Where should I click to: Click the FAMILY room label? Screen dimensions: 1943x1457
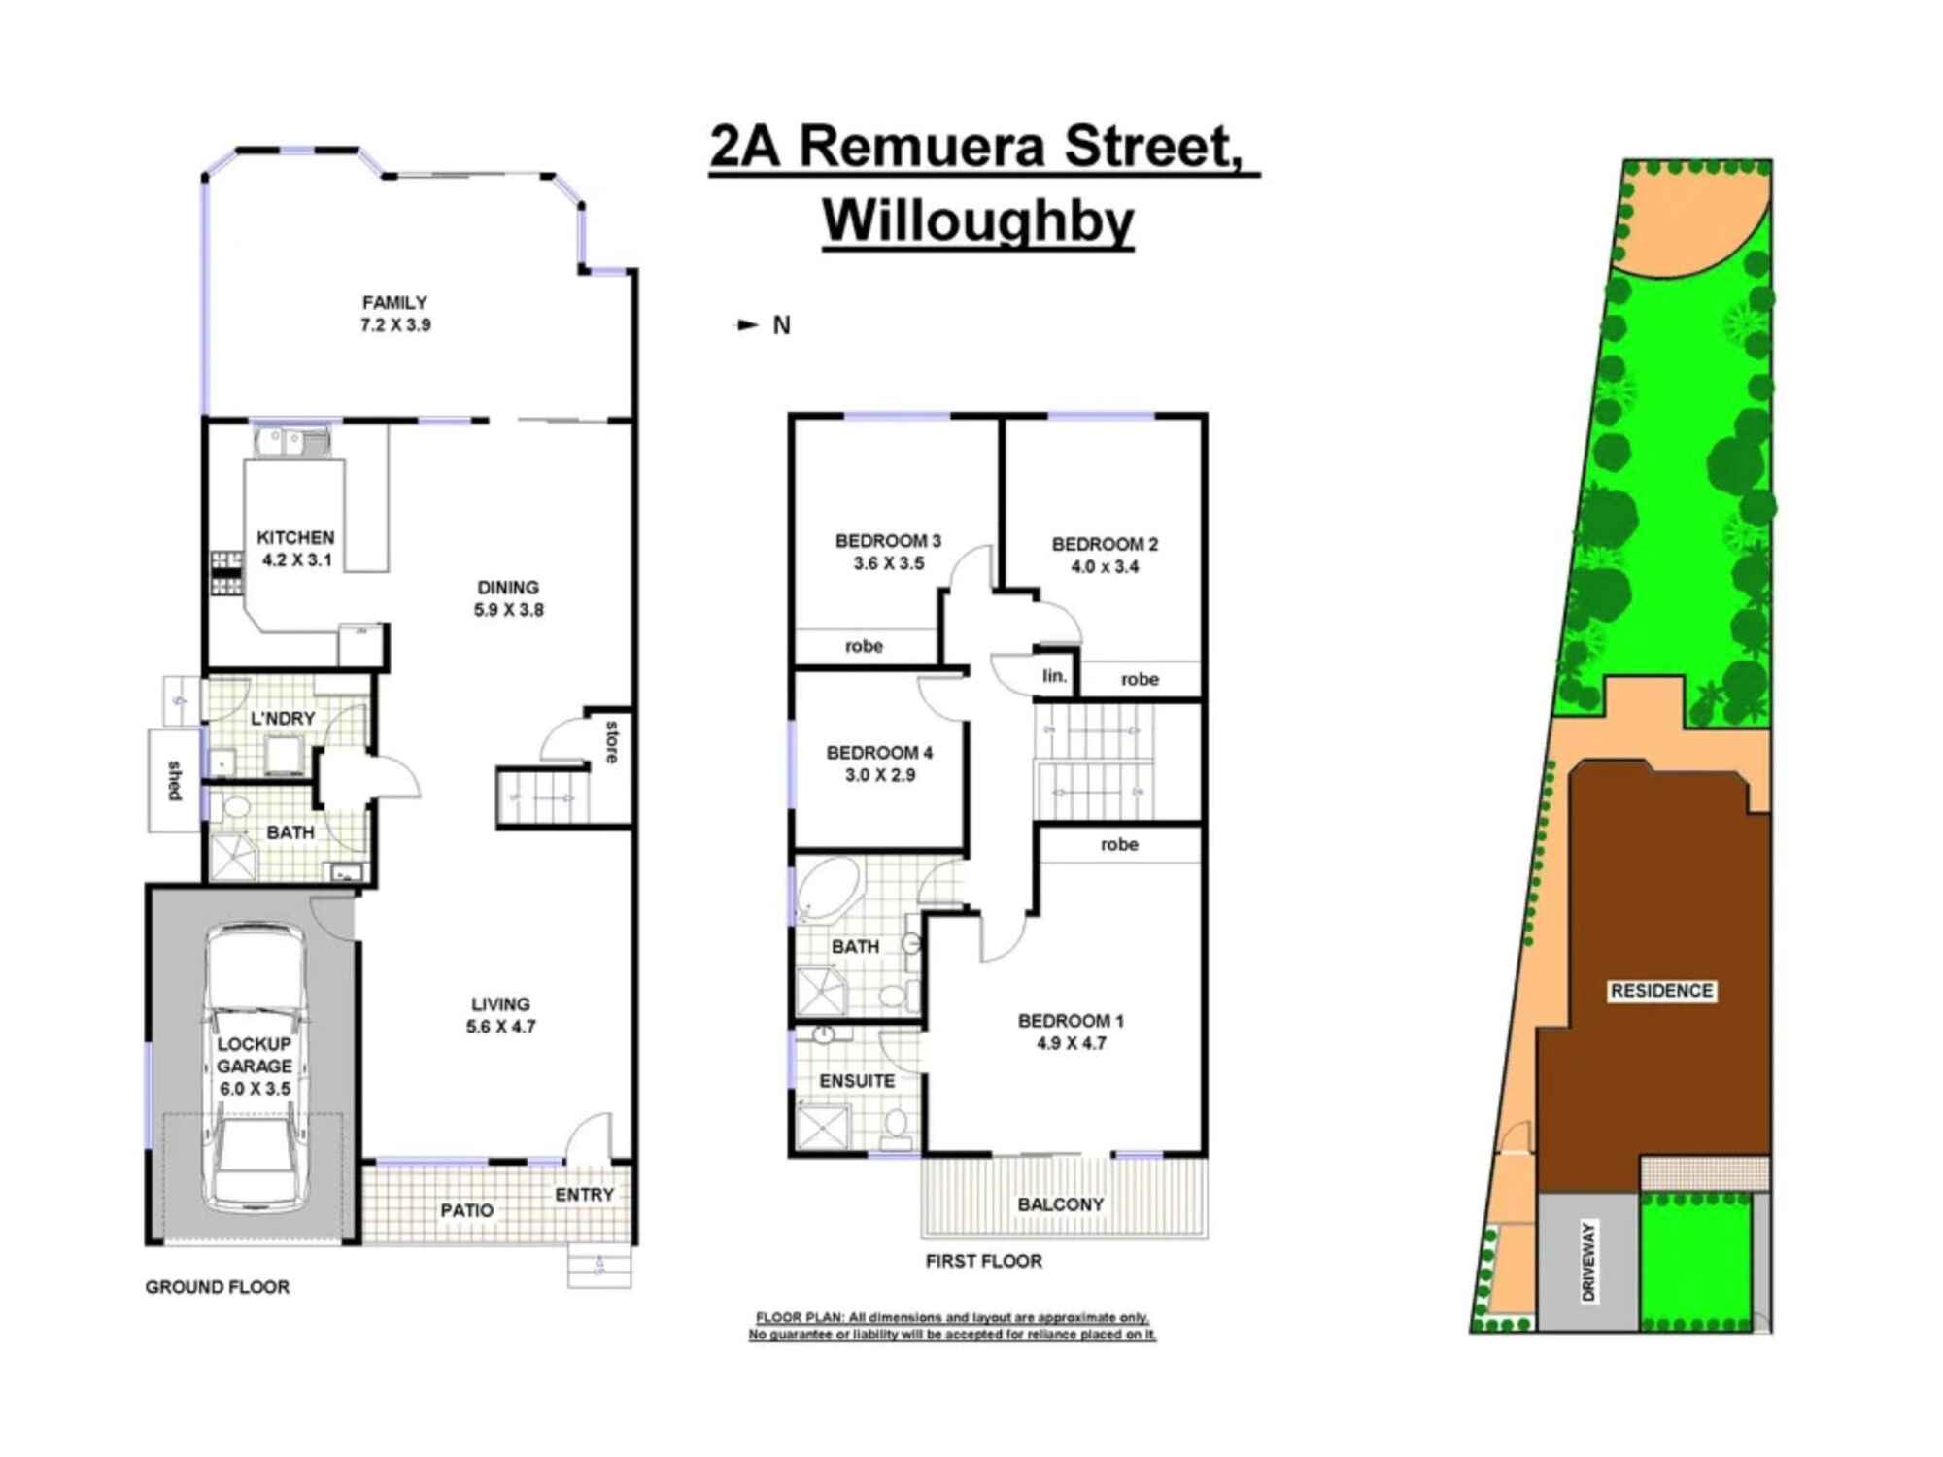coord(394,303)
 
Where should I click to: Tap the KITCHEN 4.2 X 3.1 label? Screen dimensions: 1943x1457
coord(295,548)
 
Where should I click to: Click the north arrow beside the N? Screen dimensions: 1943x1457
coord(747,325)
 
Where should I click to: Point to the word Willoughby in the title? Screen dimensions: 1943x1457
coord(978,221)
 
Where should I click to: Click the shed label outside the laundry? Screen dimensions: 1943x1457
coord(175,780)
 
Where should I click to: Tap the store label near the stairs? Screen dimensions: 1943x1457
coord(611,741)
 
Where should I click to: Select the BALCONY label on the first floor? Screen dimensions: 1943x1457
coord(1060,1204)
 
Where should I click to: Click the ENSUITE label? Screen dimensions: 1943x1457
coord(857,1081)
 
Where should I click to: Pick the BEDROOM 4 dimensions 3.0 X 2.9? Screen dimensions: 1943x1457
coord(880,775)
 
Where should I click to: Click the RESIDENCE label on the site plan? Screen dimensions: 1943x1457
coord(1661,991)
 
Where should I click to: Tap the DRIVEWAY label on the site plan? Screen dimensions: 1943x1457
coord(1589,1262)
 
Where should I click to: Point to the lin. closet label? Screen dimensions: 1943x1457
coord(1054,675)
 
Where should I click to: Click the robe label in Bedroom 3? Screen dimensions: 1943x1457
coord(864,646)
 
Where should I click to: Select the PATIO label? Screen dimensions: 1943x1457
coord(466,1210)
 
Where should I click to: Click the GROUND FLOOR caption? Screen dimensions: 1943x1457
coord(218,1287)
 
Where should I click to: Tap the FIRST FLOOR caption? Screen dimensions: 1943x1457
coord(983,1261)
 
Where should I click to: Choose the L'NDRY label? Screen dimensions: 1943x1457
coord(283,718)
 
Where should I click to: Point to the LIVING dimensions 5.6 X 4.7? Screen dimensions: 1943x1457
coord(500,1027)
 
